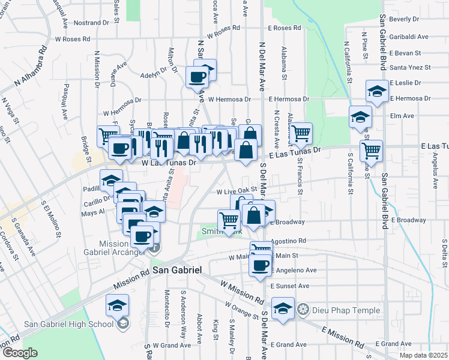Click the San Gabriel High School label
[x=68, y=325]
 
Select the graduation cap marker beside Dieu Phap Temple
[x=283, y=308]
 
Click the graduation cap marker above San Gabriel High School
[x=118, y=305]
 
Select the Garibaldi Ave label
[x=408, y=37]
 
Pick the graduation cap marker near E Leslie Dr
[x=376, y=91]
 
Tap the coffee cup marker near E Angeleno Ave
[x=261, y=265]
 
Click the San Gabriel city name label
[x=176, y=271]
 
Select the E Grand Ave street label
[x=288, y=344]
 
